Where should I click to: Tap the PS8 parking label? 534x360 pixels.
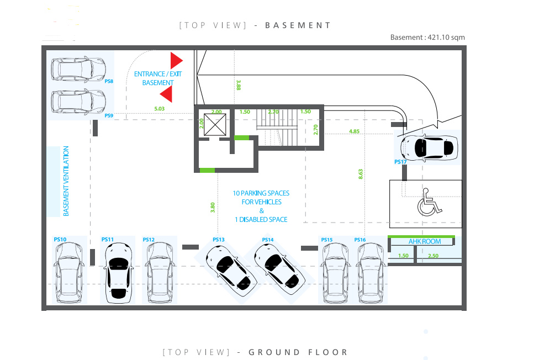click(109, 81)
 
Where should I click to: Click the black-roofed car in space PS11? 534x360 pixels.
click(118, 273)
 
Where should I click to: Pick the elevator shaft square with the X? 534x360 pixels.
click(215, 125)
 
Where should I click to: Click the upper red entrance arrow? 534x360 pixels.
click(176, 61)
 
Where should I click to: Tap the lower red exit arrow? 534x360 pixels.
click(166, 94)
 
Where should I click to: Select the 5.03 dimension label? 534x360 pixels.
click(160, 109)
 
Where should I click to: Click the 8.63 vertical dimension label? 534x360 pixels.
click(361, 174)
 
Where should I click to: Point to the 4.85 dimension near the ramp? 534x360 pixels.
click(354, 131)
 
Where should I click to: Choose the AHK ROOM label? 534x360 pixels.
click(425, 241)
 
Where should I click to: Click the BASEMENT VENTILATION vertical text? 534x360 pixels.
click(66, 181)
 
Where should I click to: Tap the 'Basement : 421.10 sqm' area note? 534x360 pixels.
click(427, 38)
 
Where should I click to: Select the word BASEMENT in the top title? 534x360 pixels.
click(298, 25)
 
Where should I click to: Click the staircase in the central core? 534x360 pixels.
click(277, 127)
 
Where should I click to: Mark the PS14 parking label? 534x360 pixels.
click(268, 240)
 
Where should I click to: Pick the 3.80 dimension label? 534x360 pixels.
click(213, 208)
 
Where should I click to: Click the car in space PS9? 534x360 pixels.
click(78, 102)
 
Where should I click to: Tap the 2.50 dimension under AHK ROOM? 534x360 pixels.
click(433, 256)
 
